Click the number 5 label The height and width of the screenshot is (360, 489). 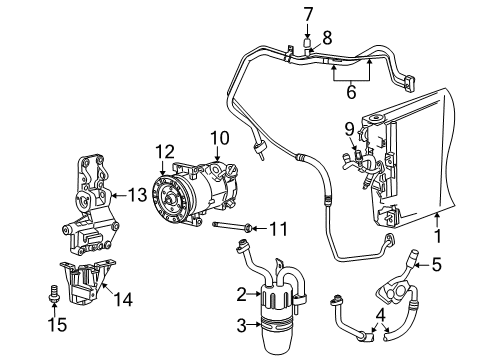pos(436,265)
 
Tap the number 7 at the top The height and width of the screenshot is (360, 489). pos(309,14)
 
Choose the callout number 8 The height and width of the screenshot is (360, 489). pos(327,38)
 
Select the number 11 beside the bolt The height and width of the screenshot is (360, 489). pos(278,229)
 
